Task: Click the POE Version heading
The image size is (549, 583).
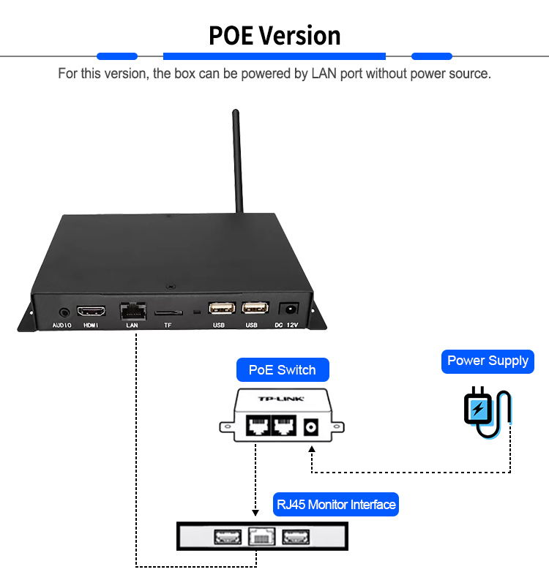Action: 274,35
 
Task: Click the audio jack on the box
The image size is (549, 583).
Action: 63,311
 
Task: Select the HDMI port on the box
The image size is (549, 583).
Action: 91,310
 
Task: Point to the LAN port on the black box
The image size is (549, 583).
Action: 132,310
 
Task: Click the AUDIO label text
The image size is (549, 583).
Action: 61,325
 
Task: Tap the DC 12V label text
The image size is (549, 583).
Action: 288,325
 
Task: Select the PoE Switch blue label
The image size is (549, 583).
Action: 282,369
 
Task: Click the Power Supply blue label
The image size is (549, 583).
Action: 488,361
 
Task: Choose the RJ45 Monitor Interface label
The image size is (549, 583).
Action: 336,504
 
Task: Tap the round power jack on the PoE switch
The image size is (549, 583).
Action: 313,426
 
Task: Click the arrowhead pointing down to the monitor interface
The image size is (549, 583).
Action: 255,512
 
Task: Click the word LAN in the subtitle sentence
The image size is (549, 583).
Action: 323,74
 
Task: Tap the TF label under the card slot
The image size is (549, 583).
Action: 168,325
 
